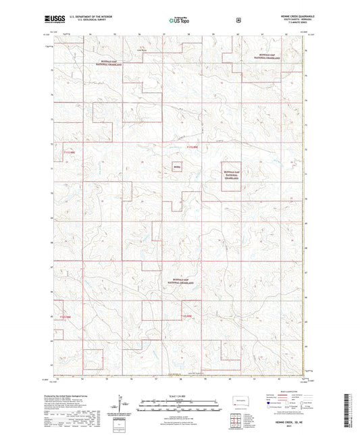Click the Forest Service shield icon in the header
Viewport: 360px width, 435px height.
238,20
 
